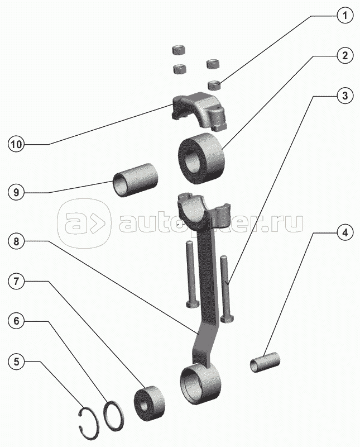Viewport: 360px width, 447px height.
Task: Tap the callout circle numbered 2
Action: click(345, 55)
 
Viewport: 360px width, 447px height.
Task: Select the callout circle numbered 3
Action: click(345, 96)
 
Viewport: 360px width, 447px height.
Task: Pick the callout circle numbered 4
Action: click(345, 233)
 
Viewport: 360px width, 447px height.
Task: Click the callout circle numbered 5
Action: click(16, 362)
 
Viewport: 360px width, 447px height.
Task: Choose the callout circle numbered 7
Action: click(16, 282)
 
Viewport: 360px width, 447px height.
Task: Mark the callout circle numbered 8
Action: click(16, 241)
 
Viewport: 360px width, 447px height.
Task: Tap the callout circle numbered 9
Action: click(16, 193)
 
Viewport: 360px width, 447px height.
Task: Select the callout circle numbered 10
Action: click(16, 144)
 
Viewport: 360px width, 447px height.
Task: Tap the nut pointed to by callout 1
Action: click(213, 85)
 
